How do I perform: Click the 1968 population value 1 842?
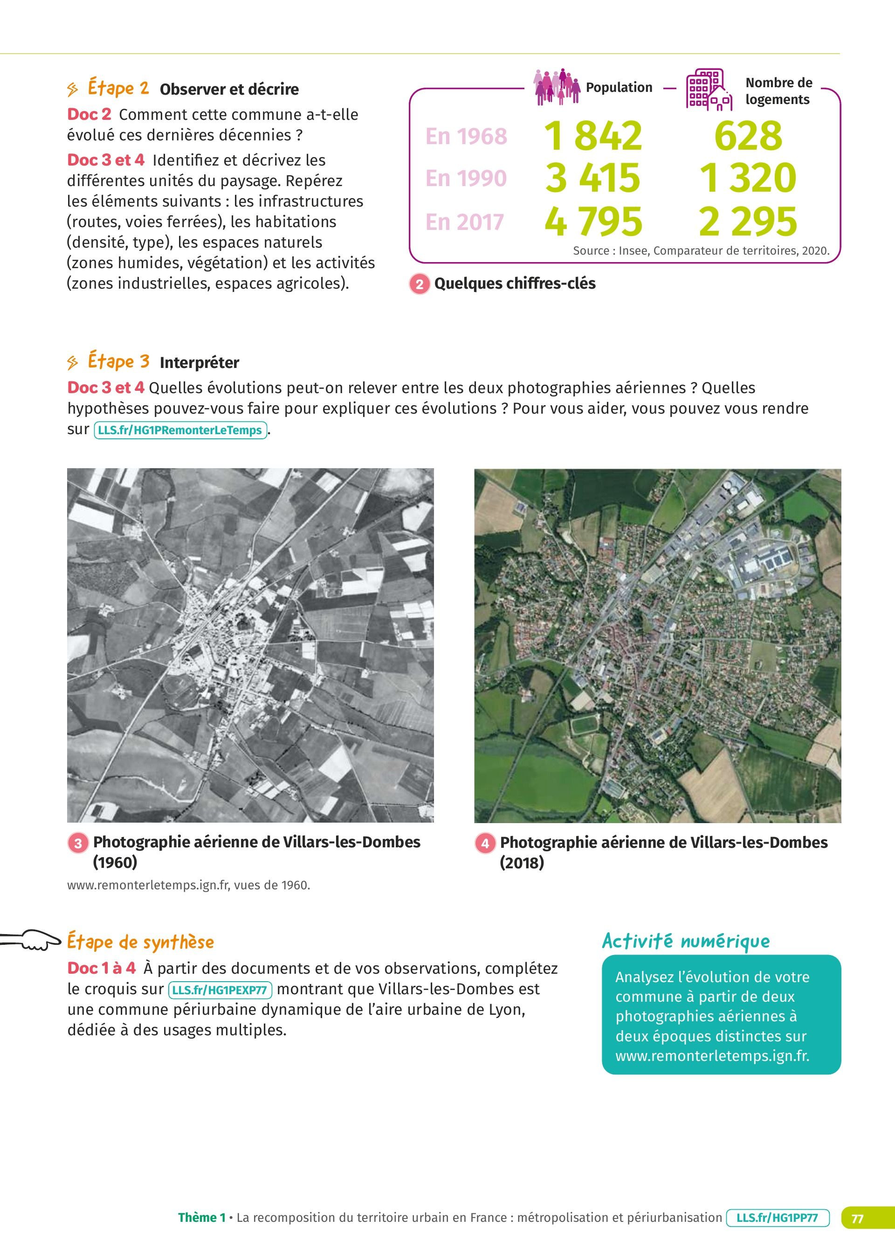(593, 136)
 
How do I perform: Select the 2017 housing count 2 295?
(748, 222)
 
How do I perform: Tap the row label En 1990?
(466, 178)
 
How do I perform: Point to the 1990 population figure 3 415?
(593, 178)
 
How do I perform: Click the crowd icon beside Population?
(557, 87)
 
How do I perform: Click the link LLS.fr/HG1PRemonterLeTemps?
(180, 430)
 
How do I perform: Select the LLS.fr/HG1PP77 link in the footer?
(777, 1218)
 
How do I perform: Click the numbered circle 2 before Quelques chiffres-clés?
(420, 284)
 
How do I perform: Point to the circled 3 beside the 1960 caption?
(78, 843)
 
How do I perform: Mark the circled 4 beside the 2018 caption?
(485, 843)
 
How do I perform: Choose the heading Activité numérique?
(686, 941)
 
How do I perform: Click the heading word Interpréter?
(199, 363)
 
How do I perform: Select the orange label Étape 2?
(118, 88)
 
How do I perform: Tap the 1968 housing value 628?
(748, 136)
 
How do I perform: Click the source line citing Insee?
(701, 251)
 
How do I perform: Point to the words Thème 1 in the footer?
(202, 1218)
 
